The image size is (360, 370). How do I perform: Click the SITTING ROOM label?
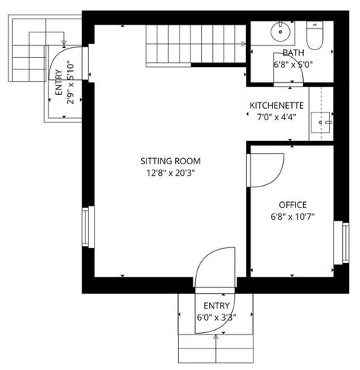click(x=170, y=161)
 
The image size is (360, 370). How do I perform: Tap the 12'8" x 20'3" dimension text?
click(x=170, y=173)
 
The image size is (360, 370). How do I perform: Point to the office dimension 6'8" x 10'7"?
click(x=293, y=217)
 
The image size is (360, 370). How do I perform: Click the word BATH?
click(x=293, y=53)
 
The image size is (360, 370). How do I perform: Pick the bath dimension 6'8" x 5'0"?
click(x=293, y=65)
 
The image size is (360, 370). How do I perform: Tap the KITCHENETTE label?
click(x=276, y=106)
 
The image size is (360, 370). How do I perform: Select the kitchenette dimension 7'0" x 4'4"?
click(x=276, y=117)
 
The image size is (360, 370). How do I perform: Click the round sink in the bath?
click(x=281, y=33)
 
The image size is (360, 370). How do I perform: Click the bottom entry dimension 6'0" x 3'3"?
click(x=216, y=316)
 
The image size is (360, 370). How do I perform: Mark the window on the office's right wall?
click(x=338, y=246)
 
